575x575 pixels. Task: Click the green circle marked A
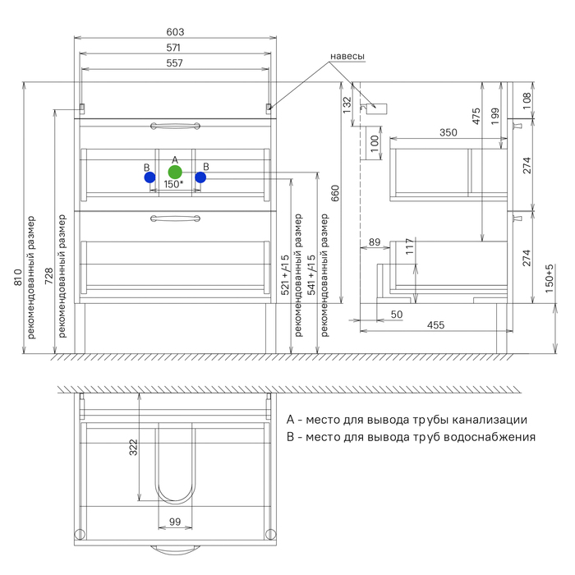point(174,172)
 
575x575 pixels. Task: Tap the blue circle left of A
point(149,177)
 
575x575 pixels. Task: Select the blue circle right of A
point(200,177)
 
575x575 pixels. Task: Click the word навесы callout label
point(347,57)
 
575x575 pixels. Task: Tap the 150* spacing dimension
point(172,185)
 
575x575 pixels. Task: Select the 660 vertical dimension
point(335,193)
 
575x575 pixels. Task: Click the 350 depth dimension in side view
point(448,132)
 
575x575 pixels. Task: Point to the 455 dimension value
point(435,326)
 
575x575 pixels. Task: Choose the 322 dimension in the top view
point(133,448)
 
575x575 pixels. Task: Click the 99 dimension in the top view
point(174,521)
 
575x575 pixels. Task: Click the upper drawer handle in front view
point(175,126)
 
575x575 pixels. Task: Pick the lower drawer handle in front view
point(175,218)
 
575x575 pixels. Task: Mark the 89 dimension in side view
point(375,242)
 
